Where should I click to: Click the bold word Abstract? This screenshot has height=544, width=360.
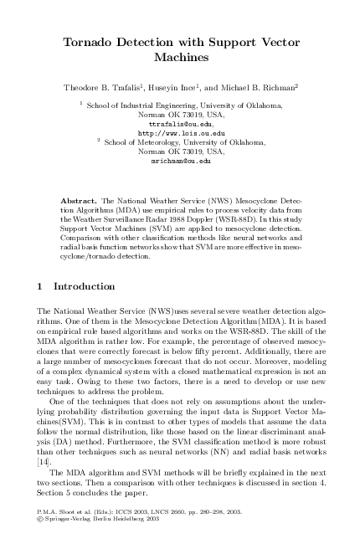pos(80,202)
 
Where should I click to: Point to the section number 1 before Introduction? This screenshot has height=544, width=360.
pos(42,286)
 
